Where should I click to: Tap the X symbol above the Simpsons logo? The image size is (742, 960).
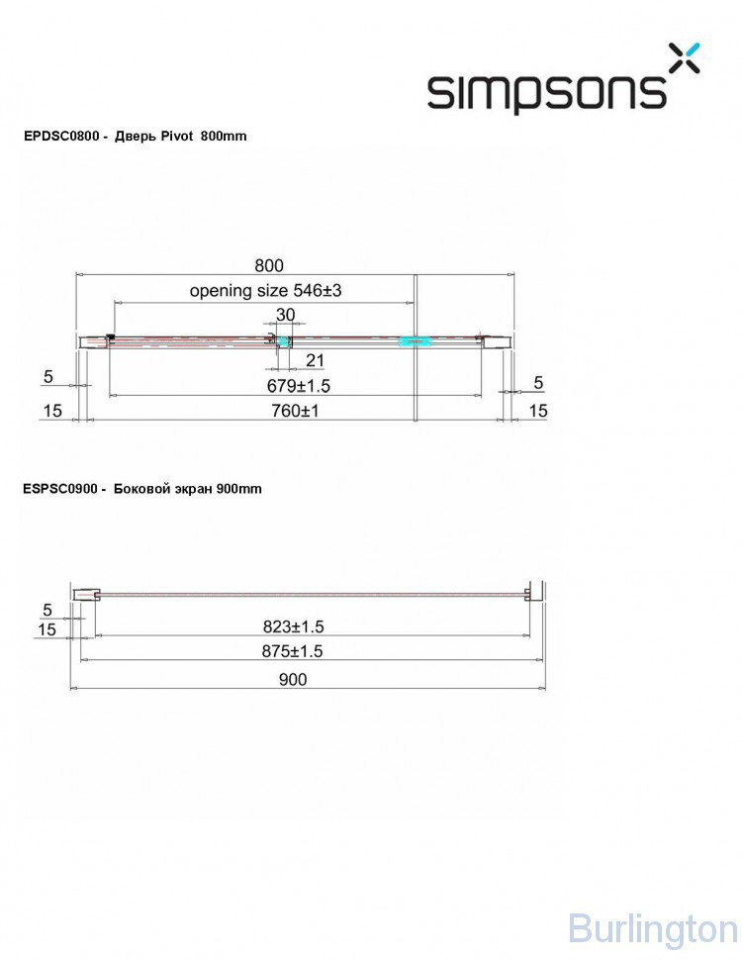684,57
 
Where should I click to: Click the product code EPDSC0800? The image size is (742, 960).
61,136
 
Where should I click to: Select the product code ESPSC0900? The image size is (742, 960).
60,489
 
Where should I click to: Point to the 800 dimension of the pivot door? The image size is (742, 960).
269,265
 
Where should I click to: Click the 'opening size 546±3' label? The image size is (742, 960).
265,290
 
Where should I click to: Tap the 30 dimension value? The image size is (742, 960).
285,314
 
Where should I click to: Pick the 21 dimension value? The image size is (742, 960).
315,360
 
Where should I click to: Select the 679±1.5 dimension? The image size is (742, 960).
298,386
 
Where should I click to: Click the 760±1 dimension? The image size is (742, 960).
295,410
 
